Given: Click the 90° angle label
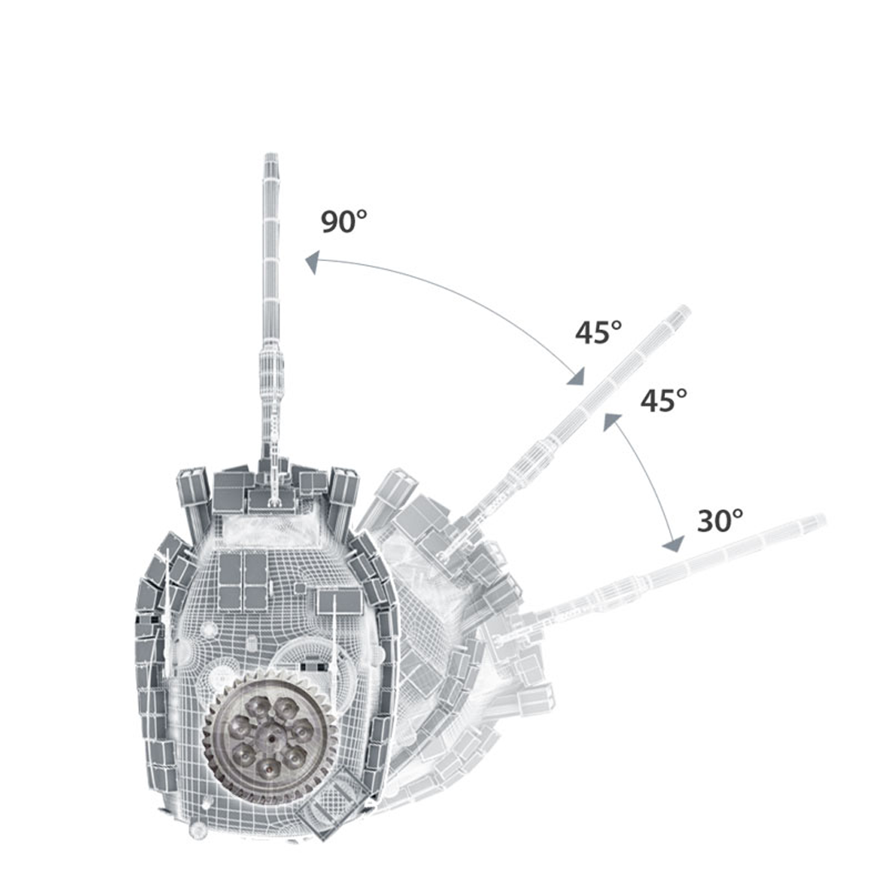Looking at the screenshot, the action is click(344, 221).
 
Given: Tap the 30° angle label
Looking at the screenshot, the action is click(720, 520).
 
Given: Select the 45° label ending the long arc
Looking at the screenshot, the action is click(598, 332).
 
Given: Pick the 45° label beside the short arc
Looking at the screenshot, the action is click(663, 400).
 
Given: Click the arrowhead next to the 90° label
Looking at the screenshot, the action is click(312, 263).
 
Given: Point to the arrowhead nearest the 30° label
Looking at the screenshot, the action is click(674, 543).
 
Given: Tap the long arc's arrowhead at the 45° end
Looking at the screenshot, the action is click(576, 376).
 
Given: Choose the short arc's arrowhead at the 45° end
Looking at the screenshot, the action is click(611, 421).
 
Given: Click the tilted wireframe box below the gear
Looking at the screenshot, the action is click(331, 801).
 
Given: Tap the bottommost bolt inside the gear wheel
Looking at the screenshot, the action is click(269, 769).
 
